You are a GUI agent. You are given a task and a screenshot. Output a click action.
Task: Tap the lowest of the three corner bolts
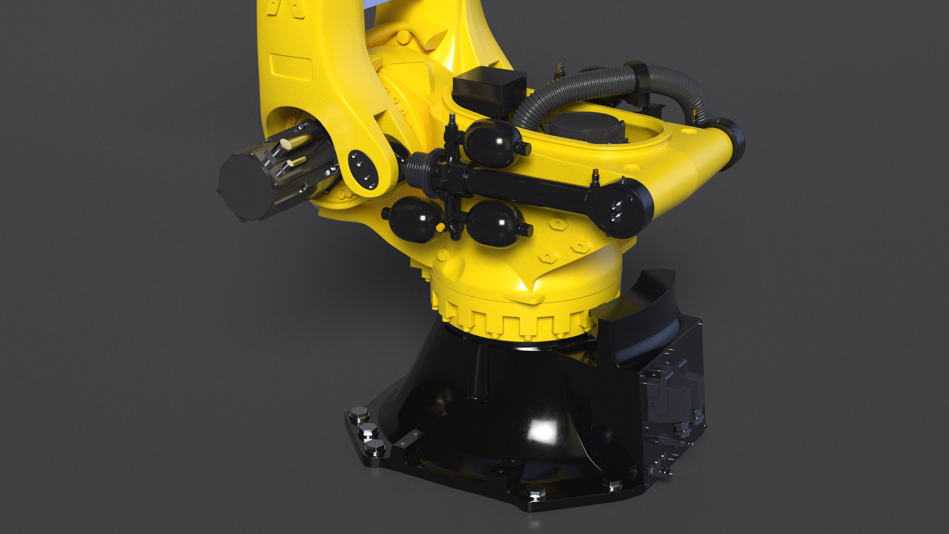point(376,447)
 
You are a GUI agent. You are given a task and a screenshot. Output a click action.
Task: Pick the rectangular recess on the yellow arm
point(292,66)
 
